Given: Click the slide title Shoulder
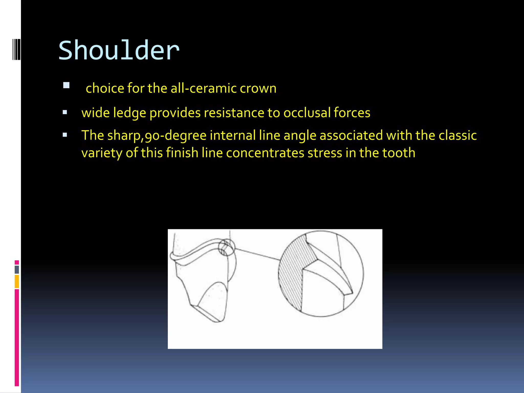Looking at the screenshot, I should [119, 51].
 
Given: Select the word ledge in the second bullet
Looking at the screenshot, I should [129, 113].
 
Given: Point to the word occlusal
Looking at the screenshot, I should [307, 113].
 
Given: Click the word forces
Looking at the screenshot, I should [352, 113].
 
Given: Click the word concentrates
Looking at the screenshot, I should [265, 153].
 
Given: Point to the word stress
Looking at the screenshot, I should [325, 153].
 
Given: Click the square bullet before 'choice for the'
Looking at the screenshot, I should [66, 85].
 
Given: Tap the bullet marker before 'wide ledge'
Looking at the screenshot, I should [65, 112].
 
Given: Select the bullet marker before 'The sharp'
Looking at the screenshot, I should [65, 135].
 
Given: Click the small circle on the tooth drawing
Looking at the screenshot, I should [226, 247].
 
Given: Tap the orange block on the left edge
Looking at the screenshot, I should [17, 281].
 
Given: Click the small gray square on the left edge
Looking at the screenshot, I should [17, 270].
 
